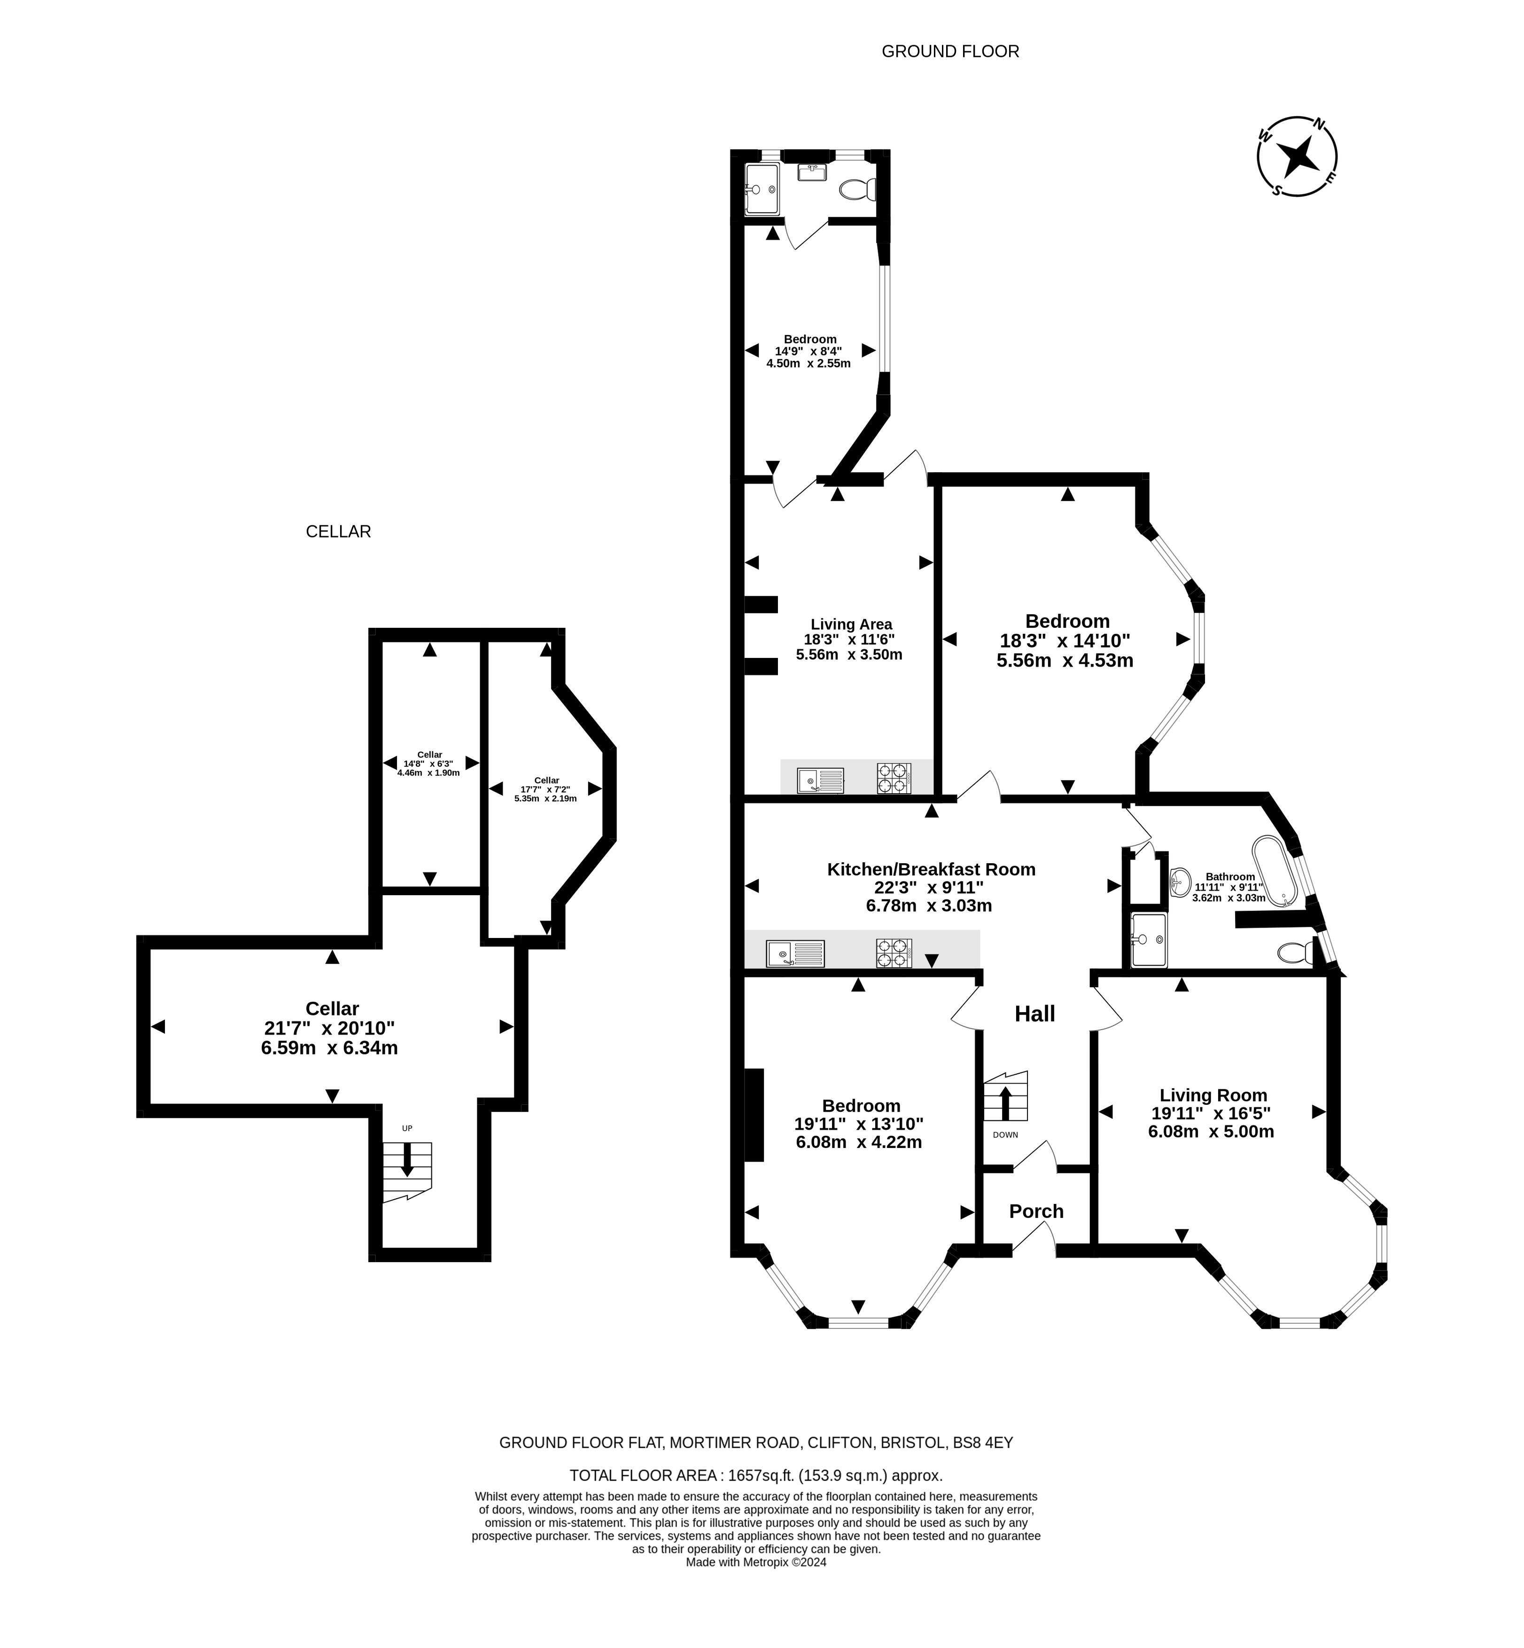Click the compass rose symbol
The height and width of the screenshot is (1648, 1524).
[x=1297, y=156]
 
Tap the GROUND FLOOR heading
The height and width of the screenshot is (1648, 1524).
[x=950, y=51]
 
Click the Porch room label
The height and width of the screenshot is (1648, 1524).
[x=1036, y=1211]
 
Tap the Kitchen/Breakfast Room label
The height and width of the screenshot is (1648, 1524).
[x=931, y=868]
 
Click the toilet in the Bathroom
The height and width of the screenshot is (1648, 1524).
[x=1294, y=953]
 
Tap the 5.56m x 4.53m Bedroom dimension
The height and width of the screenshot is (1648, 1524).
[x=1065, y=660]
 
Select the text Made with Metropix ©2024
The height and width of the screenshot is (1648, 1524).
[x=756, y=1562]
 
